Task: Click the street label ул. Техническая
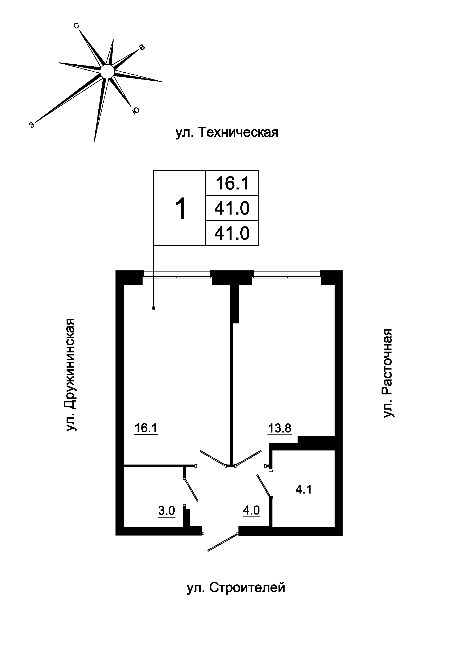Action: [227, 132]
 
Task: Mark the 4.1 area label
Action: [304, 490]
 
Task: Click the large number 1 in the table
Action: [180, 209]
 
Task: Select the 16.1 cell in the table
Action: [232, 183]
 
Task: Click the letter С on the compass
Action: [76, 26]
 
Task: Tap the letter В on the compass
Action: [142, 48]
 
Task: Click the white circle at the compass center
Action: [107, 72]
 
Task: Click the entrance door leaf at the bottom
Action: [223, 542]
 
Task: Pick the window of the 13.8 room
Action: [287, 275]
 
